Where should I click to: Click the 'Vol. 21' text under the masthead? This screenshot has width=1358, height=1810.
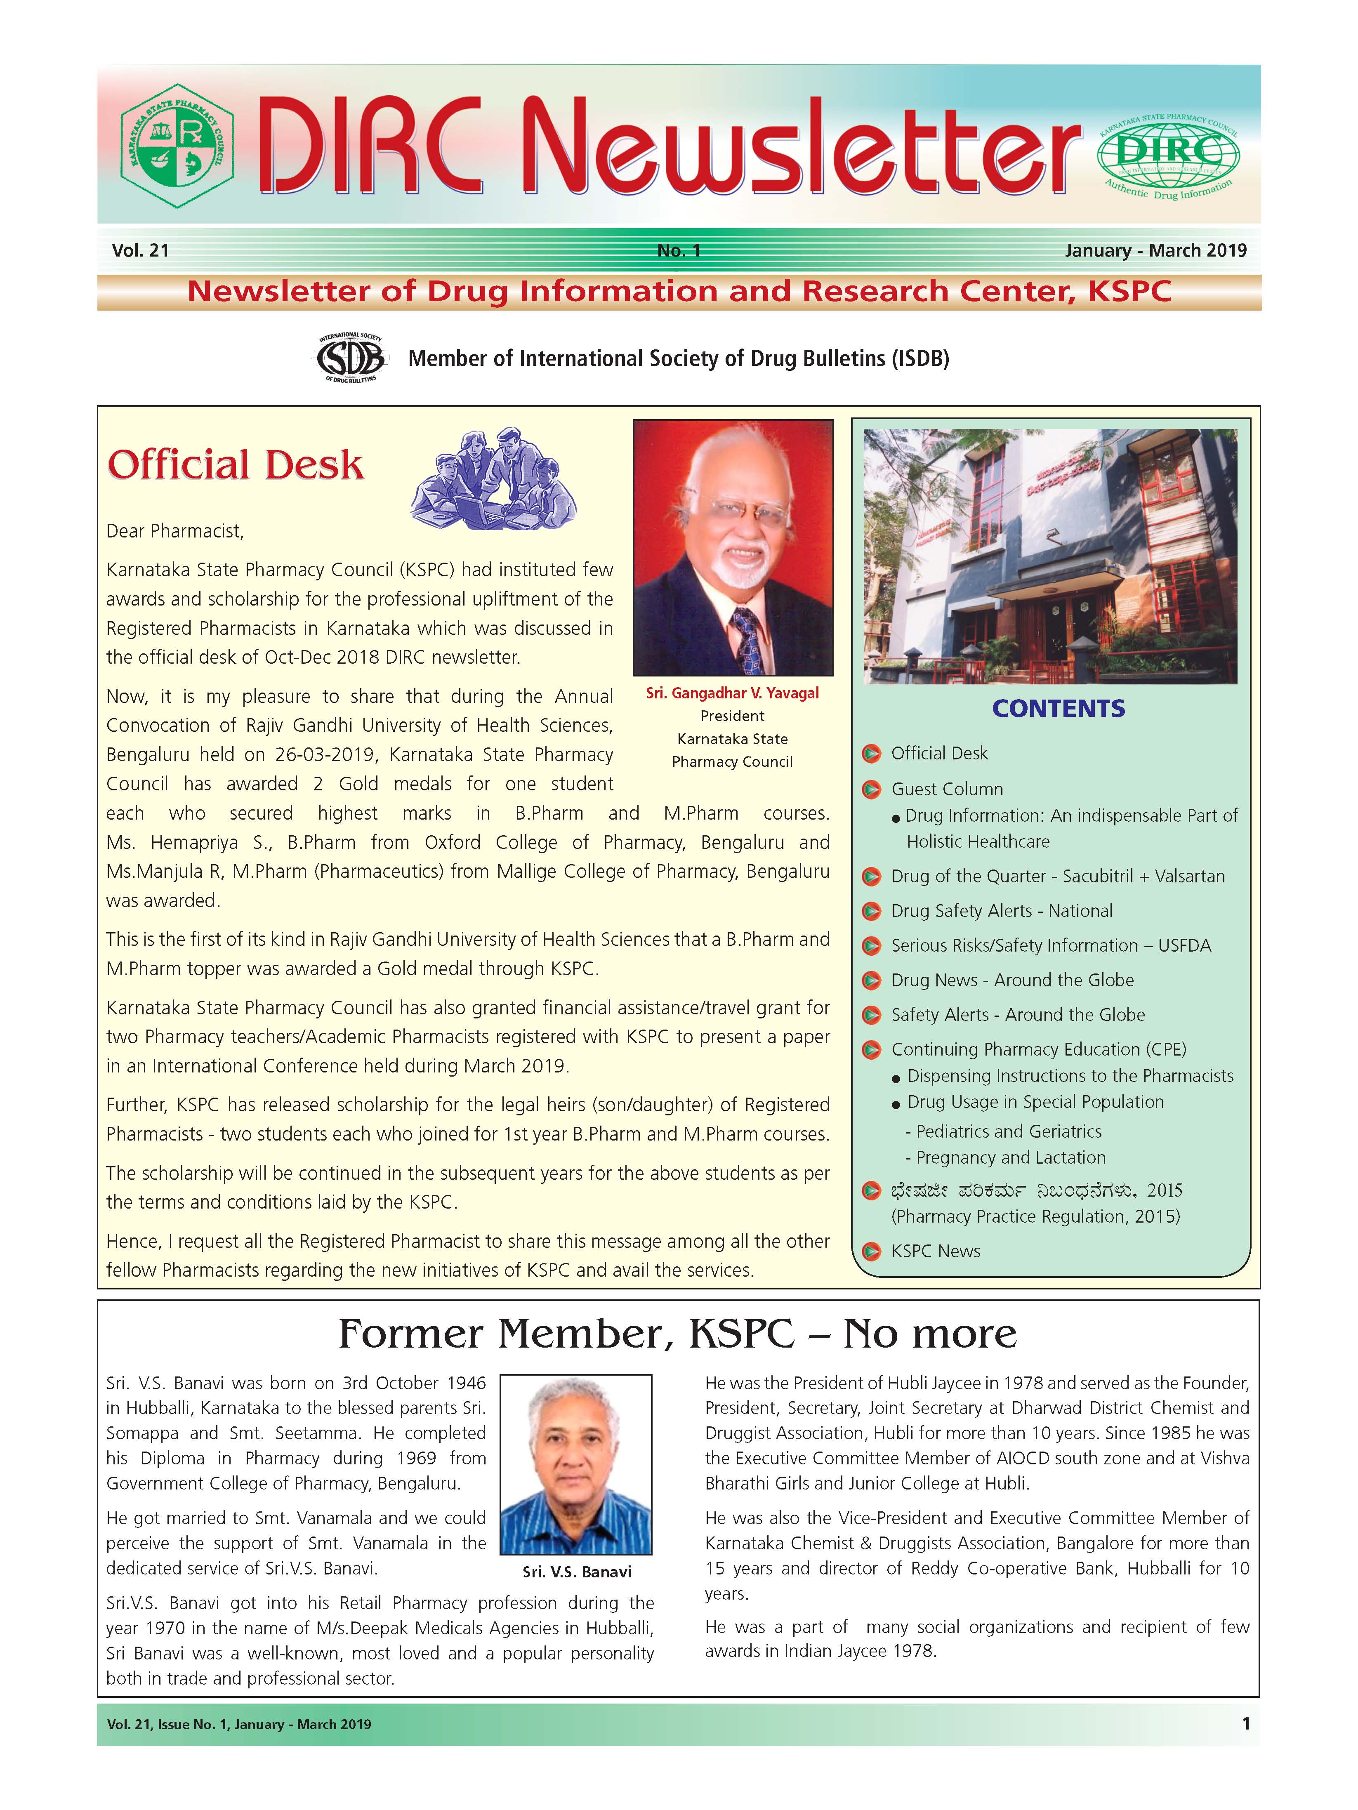click(141, 250)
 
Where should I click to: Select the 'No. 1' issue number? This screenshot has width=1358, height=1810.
click(679, 250)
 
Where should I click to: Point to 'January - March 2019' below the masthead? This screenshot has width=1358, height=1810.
click(1155, 250)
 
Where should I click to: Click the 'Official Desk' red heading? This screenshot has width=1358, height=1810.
click(236, 465)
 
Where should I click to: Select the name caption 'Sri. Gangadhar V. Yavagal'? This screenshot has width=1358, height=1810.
click(732, 693)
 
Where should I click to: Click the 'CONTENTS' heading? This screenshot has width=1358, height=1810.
click(1059, 709)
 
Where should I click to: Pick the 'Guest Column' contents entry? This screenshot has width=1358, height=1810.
click(946, 789)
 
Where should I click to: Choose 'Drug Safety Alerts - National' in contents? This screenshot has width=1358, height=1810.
click(1001, 911)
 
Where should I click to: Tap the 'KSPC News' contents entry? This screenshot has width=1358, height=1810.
click(935, 1251)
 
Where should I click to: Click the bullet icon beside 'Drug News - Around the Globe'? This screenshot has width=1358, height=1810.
click(872, 980)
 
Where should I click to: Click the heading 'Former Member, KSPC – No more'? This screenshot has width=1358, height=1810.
click(677, 1334)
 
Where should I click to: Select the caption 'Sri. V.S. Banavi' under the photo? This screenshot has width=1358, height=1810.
click(577, 1572)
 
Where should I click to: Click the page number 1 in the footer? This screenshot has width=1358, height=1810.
click(1246, 1724)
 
